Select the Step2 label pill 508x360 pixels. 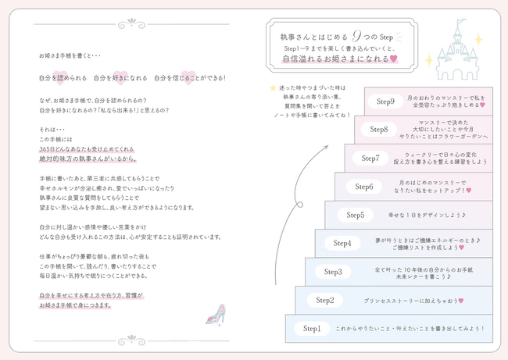pos(324,300)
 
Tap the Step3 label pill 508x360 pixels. pos(333,272)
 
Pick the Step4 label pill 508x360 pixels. pos(342,243)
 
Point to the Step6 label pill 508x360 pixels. pos(363,186)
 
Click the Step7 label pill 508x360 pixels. pos(370,158)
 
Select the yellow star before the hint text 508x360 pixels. pos(272,88)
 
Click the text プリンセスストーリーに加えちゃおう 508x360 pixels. pos(414,301)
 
